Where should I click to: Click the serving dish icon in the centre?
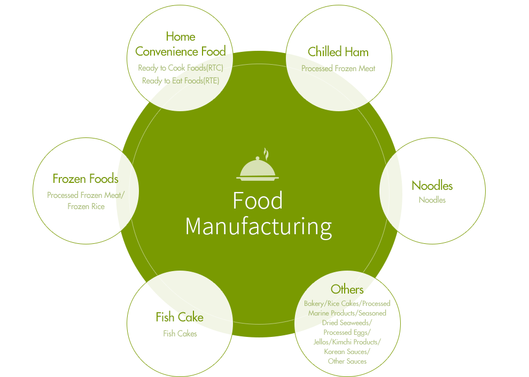(x=258, y=167)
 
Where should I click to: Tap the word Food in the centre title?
(x=258, y=201)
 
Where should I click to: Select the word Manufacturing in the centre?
(x=258, y=226)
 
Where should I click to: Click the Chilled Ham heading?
(x=338, y=52)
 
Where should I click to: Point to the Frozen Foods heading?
(x=85, y=178)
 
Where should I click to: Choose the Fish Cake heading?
(x=180, y=317)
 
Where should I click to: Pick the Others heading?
(x=347, y=289)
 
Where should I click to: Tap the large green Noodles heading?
(x=432, y=186)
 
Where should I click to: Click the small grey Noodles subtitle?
(x=432, y=200)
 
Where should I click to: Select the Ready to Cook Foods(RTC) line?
(x=180, y=68)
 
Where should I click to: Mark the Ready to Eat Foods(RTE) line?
(x=180, y=81)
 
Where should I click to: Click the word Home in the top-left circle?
(x=180, y=36)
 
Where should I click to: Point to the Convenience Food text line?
(x=180, y=51)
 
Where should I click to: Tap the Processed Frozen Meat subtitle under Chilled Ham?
(x=338, y=68)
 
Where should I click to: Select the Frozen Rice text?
(x=86, y=206)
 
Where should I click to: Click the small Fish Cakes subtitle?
(x=180, y=334)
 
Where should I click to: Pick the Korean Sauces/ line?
(x=347, y=352)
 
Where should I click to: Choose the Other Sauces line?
(x=347, y=361)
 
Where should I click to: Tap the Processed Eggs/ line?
(x=347, y=333)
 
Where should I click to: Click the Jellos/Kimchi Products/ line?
(x=347, y=342)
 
